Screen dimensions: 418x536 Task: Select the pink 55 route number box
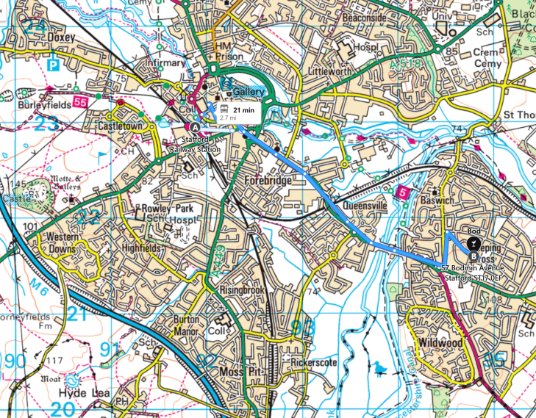(x=79, y=104)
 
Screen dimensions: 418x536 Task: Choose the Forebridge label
(x=269, y=180)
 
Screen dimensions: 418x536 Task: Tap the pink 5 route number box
(x=402, y=192)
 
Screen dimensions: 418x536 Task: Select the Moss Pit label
(x=240, y=372)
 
